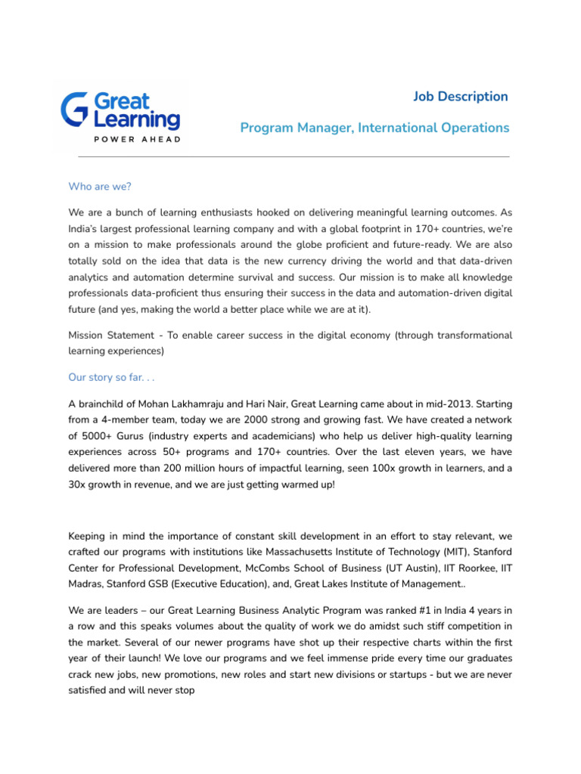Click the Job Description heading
(x=460, y=96)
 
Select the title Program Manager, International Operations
(x=374, y=128)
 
